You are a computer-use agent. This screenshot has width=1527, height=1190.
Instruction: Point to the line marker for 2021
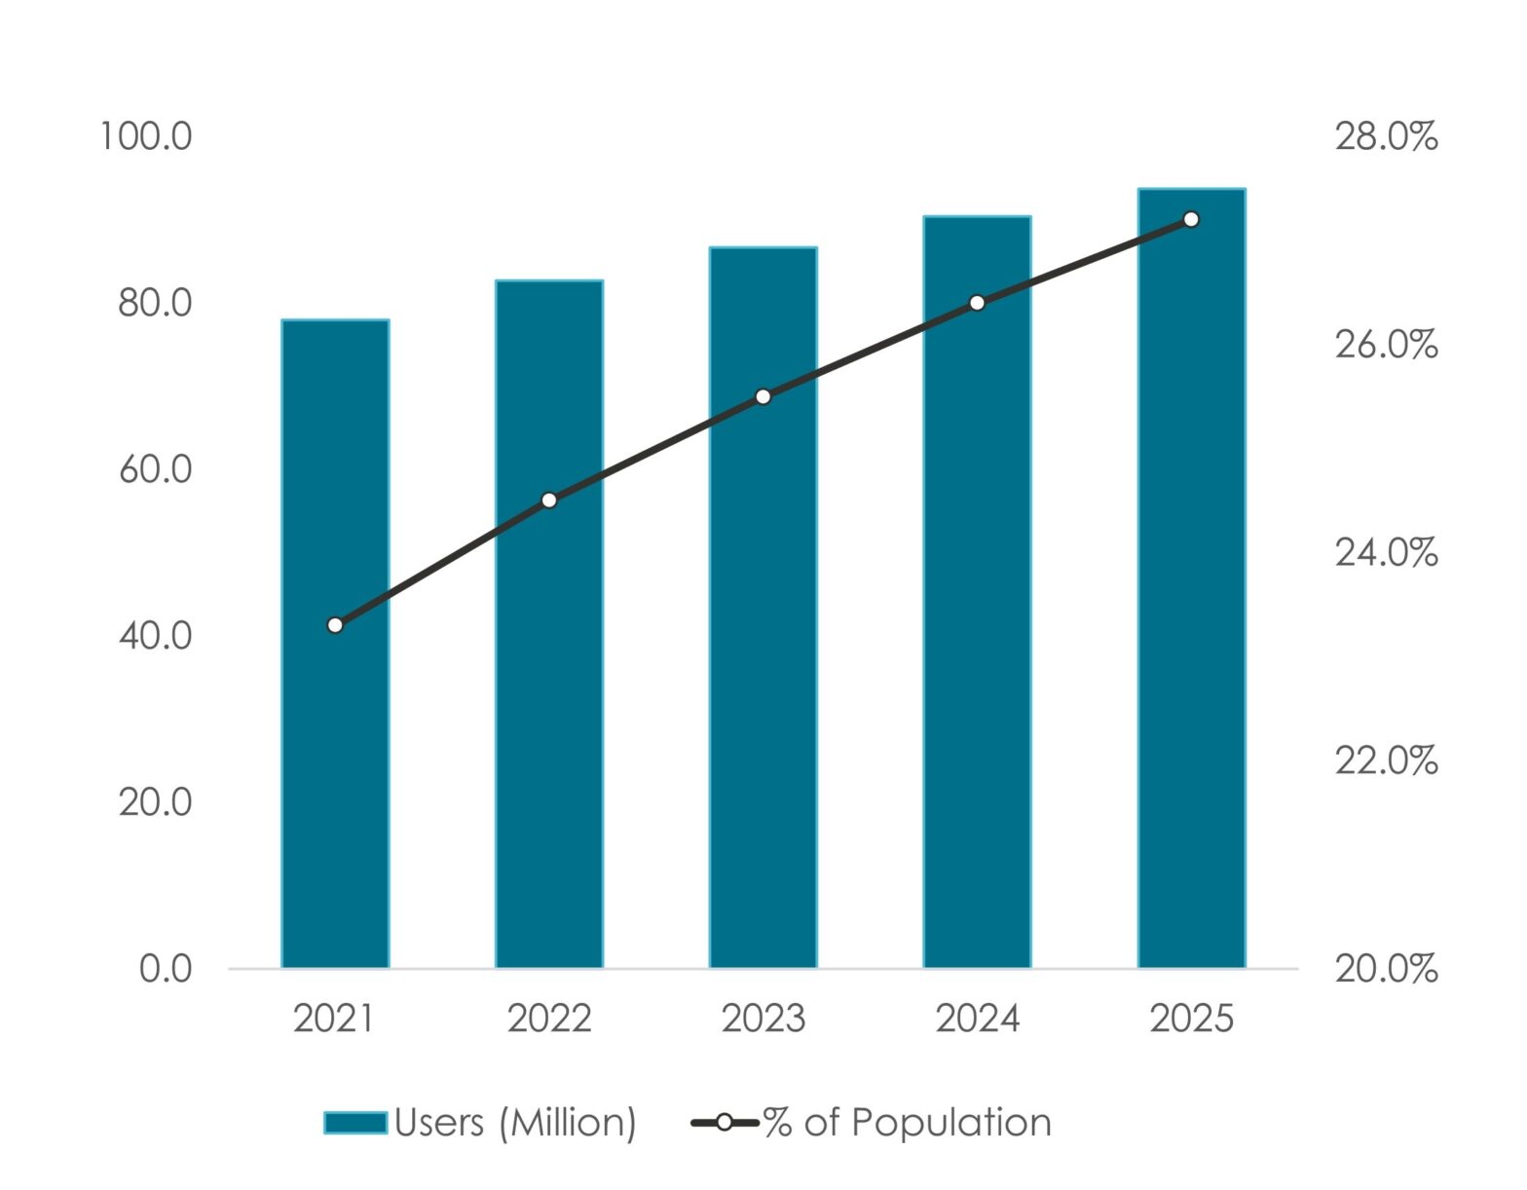click(335, 625)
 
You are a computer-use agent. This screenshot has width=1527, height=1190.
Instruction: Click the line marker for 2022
click(549, 501)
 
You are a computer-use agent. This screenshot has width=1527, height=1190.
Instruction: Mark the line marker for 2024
click(977, 304)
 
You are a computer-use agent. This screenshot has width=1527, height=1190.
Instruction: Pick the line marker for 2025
click(1190, 220)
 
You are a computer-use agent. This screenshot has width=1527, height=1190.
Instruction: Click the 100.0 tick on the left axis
click(146, 137)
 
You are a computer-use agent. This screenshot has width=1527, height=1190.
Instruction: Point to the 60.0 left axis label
click(155, 470)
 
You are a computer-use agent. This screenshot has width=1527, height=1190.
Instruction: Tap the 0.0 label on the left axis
click(166, 969)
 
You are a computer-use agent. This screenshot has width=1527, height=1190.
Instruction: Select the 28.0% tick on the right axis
click(1385, 137)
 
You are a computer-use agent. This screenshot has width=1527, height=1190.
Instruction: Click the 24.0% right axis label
click(1385, 553)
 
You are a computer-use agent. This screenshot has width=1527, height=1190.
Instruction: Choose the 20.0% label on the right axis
click(1385, 969)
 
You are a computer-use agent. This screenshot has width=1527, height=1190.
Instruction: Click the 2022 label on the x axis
click(549, 1019)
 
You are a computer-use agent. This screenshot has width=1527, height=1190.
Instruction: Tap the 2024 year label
click(977, 1019)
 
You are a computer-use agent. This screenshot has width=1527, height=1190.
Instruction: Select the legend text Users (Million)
click(515, 1123)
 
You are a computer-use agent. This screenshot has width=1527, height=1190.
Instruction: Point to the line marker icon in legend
click(724, 1123)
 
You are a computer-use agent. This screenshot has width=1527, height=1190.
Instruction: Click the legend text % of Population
click(907, 1123)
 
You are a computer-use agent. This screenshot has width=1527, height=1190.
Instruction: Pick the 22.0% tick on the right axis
click(1385, 761)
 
